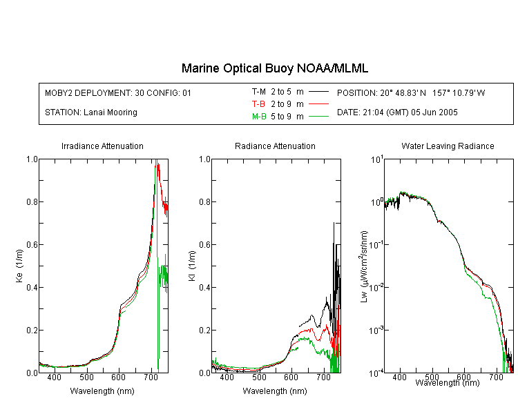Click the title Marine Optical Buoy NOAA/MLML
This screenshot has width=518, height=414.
pos(274,68)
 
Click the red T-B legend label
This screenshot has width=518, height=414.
pos(259,104)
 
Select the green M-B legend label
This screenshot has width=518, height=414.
pos(259,117)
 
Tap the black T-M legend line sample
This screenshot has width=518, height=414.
pos(318,92)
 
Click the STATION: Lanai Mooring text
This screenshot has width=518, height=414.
pos(91,112)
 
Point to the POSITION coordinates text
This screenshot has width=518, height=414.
pos(411,92)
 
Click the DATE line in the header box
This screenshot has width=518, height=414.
pos(397,112)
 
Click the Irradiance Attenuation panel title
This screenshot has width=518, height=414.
pos(102,146)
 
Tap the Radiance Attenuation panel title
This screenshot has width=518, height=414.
pos(275,146)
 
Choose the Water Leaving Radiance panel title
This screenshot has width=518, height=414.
pos(448,146)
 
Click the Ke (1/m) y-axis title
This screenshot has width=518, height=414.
pos(19,266)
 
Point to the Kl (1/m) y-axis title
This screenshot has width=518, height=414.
pos(192,266)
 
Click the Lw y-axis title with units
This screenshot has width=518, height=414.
pos(364,266)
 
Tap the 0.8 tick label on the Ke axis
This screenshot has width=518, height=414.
pos(32,201)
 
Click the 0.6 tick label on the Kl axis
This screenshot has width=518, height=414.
pos(204,245)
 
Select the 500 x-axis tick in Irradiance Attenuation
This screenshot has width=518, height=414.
pos(86,377)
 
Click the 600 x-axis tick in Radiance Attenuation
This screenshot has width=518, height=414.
pos(291,377)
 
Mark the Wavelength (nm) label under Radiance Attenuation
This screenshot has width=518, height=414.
pos(275,391)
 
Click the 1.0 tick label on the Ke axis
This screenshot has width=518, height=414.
pos(32,159)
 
